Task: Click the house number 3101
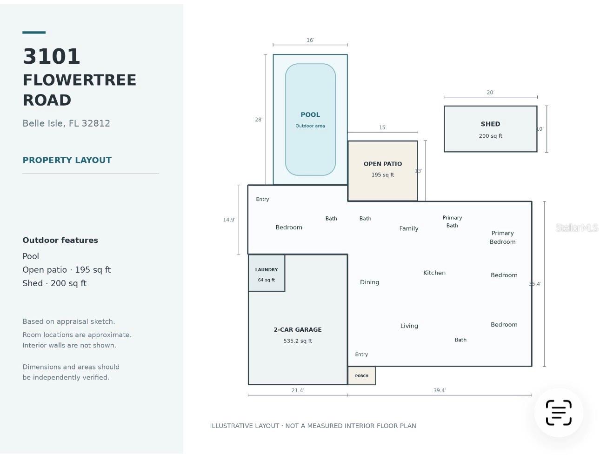51,56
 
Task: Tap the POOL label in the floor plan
310,114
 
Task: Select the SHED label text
490,124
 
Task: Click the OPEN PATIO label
382,164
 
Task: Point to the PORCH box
361,375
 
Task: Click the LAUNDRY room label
266,270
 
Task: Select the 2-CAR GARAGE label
297,329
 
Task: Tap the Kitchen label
434,273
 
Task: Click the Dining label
369,282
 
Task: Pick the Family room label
408,228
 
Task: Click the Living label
409,326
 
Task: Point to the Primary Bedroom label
502,237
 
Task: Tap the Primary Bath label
452,221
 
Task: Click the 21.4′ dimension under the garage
297,390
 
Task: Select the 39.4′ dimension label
439,390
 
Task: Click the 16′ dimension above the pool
310,40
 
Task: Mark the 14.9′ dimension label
229,220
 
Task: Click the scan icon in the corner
559,412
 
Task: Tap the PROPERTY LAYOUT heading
67,160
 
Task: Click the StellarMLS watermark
577,227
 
